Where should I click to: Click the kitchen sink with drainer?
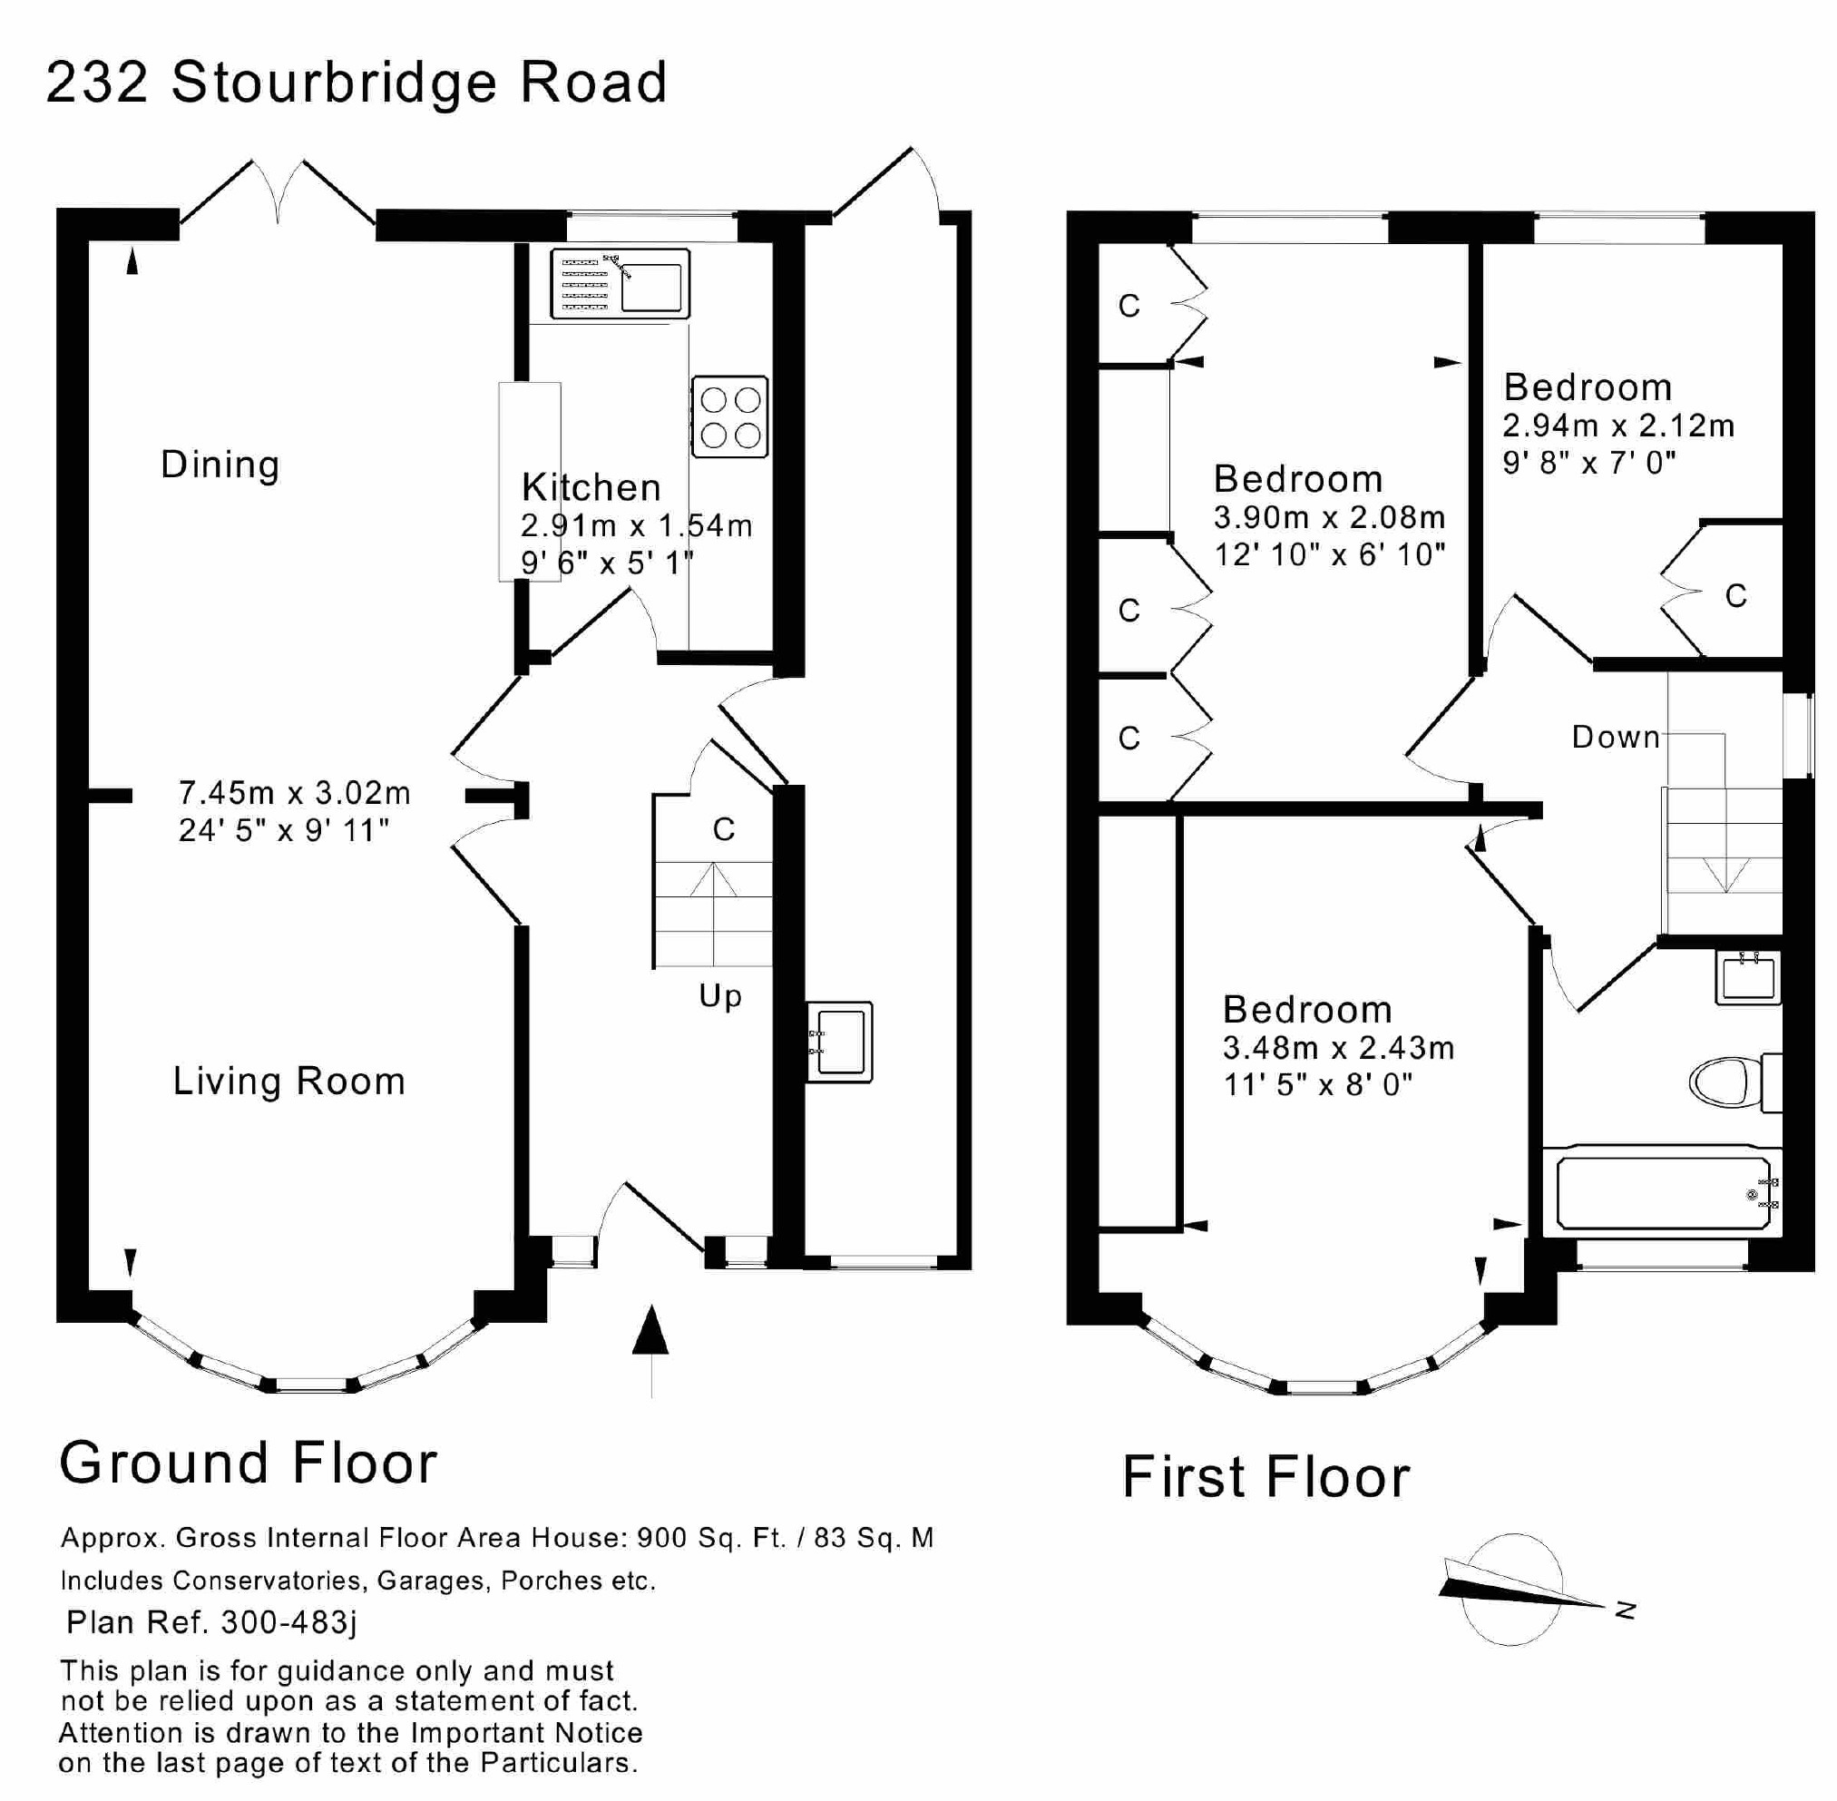[x=620, y=283]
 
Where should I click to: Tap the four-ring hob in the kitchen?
[x=729, y=417]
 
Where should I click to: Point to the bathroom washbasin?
[x=1747, y=977]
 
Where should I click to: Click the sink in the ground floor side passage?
[x=839, y=1042]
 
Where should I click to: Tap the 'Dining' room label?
[x=220, y=465]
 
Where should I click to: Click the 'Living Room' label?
[x=288, y=1082]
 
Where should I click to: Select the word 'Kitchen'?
[x=591, y=487]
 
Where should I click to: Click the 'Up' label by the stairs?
[x=720, y=996]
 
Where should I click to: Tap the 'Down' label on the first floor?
[x=1616, y=737]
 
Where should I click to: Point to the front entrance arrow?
[x=650, y=1334]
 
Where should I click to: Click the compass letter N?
[x=1625, y=1609]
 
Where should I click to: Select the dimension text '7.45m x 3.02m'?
[x=294, y=792]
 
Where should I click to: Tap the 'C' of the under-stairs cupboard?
[x=724, y=829]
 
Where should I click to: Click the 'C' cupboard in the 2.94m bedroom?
[x=1735, y=595]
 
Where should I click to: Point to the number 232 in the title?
[x=96, y=83]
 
